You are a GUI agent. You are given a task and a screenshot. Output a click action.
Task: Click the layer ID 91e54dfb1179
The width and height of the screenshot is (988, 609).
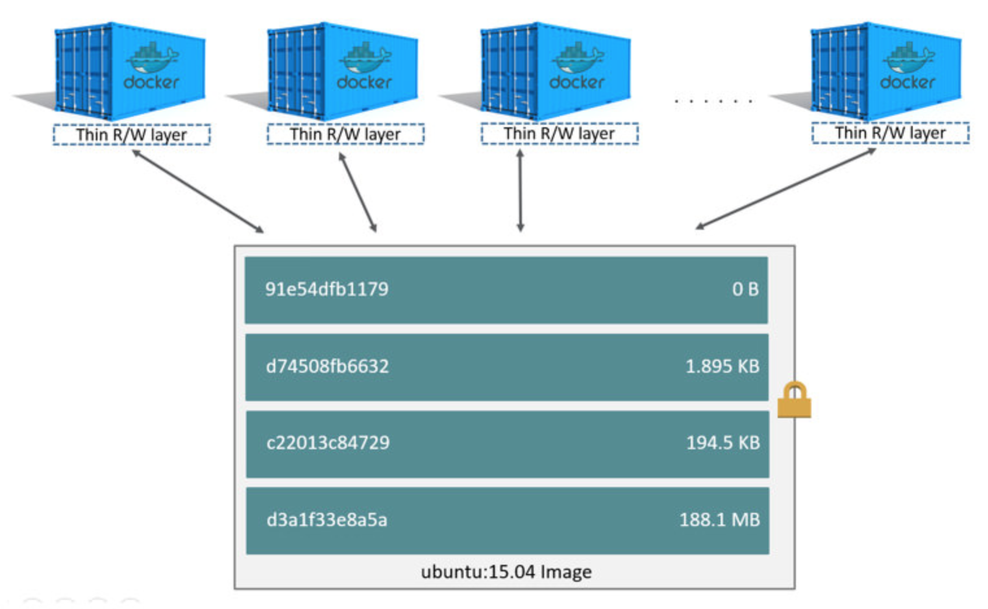pyautogui.click(x=327, y=289)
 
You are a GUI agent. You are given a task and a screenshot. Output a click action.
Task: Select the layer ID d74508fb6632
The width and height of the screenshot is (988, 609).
pyautogui.click(x=327, y=366)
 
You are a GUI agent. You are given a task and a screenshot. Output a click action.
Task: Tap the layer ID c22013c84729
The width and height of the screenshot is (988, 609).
pyautogui.click(x=328, y=443)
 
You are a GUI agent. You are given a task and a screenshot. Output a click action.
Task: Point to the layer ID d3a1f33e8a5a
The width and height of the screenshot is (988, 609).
pyautogui.click(x=327, y=519)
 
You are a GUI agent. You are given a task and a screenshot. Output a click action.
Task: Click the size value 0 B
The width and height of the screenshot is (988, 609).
pyautogui.click(x=745, y=289)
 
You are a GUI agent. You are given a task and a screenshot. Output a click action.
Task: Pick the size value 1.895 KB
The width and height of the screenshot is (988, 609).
pyautogui.click(x=722, y=366)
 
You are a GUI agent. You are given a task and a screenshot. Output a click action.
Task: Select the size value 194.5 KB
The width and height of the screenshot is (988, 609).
pyautogui.click(x=722, y=443)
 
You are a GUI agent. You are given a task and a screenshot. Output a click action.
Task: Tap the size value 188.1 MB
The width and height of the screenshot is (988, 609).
pyautogui.click(x=719, y=519)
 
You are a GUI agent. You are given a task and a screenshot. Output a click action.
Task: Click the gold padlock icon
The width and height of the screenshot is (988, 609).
pyautogui.click(x=794, y=400)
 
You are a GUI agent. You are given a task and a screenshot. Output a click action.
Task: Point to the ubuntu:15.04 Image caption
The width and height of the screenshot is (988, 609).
pyautogui.click(x=506, y=572)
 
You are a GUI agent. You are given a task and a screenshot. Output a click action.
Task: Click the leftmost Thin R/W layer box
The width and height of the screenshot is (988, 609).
pyautogui.click(x=132, y=134)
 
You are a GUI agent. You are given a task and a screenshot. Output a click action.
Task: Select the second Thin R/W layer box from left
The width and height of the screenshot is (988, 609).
pyautogui.click(x=345, y=134)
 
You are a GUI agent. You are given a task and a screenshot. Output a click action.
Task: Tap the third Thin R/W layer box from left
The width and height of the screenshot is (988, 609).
pyautogui.click(x=560, y=134)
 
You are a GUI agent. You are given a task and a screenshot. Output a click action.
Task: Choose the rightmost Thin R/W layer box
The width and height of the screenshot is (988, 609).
pyautogui.click(x=890, y=133)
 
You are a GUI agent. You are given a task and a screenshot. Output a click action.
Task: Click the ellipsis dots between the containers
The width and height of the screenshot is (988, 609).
pyautogui.click(x=713, y=101)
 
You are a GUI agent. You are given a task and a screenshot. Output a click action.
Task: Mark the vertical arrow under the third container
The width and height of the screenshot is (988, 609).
pyautogui.click(x=520, y=190)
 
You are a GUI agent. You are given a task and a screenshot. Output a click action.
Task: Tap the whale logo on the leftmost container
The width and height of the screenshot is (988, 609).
pyautogui.click(x=153, y=58)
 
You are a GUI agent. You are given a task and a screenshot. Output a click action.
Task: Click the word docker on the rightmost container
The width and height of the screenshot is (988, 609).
pyautogui.click(x=907, y=82)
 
